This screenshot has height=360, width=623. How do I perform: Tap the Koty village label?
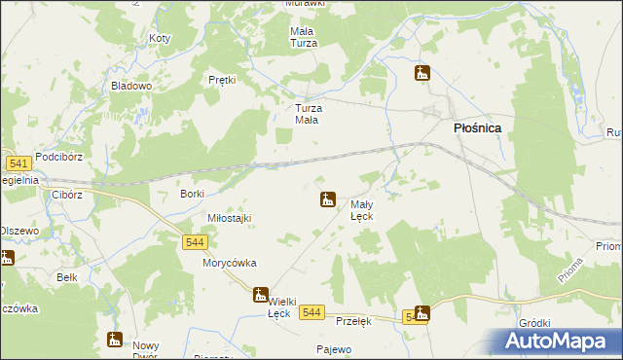pyautogui.click(x=160, y=39)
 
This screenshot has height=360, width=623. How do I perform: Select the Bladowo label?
pyautogui.click(x=131, y=86)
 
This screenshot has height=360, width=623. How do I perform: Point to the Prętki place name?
pyautogui.click(x=223, y=80)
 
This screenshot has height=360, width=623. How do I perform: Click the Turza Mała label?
pyautogui.click(x=309, y=114)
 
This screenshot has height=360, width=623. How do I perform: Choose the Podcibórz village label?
pyautogui.click(x=60, y=157)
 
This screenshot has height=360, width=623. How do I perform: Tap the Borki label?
pyautogui.click(x=192, y=194)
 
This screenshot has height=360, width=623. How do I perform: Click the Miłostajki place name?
pyautogui.click(x=229, y=218)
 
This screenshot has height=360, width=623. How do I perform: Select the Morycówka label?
pyautogui.click(x=229, y=263)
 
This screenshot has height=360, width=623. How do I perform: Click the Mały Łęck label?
pyautogui.click(x=362, y=210)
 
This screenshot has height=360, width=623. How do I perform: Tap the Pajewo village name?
pyautogui.click(x=333, y=348)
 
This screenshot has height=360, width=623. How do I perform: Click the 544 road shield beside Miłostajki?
pyautogui.click(x=194, y=242)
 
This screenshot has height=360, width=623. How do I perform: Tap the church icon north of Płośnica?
pyautogui.click(x=422, y=73)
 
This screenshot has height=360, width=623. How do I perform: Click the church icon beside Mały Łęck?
pyautogui.click(x=329, y=199)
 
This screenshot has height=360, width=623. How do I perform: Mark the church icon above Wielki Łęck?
pyautogui.click(x=260, y=294)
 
